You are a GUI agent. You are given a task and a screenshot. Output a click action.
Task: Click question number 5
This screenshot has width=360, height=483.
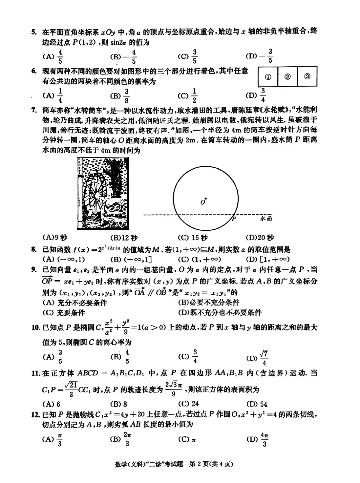coord(33,32)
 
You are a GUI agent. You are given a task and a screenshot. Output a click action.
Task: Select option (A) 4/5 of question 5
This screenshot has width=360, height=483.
coord(53,56)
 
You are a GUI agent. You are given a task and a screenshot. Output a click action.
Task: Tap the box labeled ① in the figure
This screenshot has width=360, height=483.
coord(268,77)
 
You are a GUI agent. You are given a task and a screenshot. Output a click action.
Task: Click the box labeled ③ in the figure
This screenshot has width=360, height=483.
coord(307,76)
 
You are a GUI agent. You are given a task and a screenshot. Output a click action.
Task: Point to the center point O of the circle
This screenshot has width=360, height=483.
coord(205,198)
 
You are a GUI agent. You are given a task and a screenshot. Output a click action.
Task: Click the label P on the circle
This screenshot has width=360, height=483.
coord(234,219)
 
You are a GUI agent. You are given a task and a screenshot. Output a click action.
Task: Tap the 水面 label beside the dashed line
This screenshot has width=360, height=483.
coord(266,218)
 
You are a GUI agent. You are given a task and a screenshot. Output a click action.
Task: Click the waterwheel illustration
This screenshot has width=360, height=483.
coord(103,194)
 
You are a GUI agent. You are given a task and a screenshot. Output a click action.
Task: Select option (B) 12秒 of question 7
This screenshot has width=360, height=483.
coord(124,238)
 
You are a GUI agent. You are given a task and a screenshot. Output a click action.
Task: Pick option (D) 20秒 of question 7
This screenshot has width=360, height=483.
coord(260,238)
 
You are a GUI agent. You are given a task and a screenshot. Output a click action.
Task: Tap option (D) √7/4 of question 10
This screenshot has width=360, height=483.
coord(258,358)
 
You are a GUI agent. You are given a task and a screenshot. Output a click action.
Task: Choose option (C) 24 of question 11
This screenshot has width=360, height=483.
coord(188,404)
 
